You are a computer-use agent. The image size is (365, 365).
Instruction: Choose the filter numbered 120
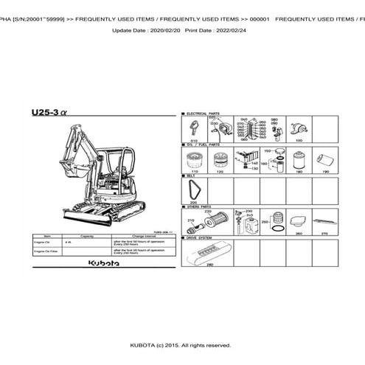coord(220,159)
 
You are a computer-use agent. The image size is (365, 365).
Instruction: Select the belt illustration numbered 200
coord(194,189)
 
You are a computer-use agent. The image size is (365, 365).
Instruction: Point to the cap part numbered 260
coord(298,221)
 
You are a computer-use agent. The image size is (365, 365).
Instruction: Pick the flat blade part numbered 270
coord(324,220)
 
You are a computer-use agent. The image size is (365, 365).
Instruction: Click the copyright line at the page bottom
coord(181,345)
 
